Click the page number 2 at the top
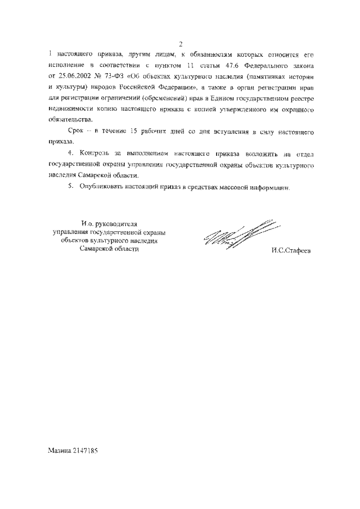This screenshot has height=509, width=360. (x=181, y=45)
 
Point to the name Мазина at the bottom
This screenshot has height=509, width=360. (x=61, y=451)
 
